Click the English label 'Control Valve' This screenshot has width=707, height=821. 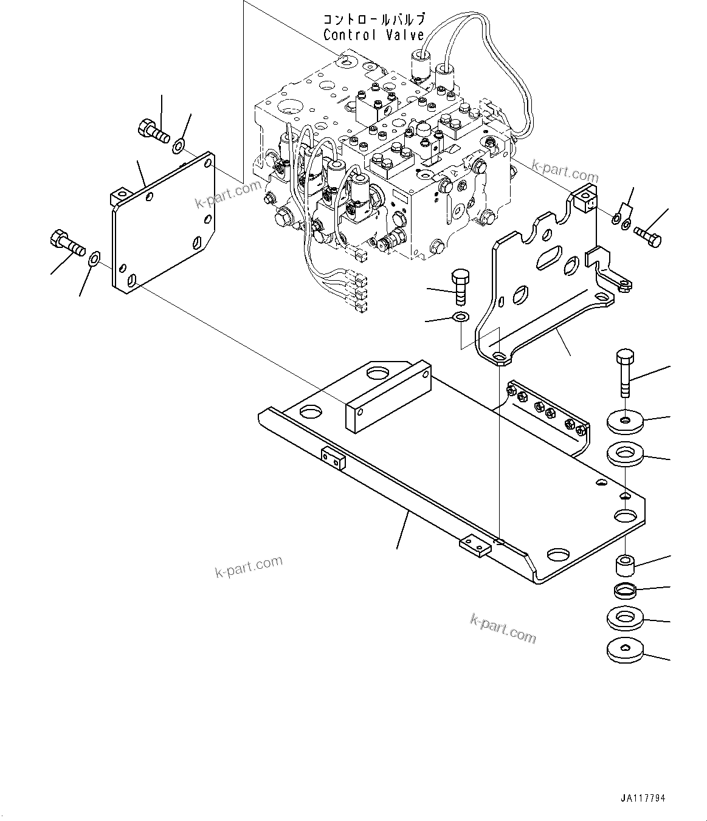(x=373, y=35)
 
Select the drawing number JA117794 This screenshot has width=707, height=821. (x=647, y=799)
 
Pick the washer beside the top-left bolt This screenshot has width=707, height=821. (x=179, y=145)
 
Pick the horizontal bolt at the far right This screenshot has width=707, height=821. (x=648, y=235)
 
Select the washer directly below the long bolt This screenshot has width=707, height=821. (x=625, y=421)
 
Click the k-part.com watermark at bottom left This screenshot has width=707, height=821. (x=249, y=566)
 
